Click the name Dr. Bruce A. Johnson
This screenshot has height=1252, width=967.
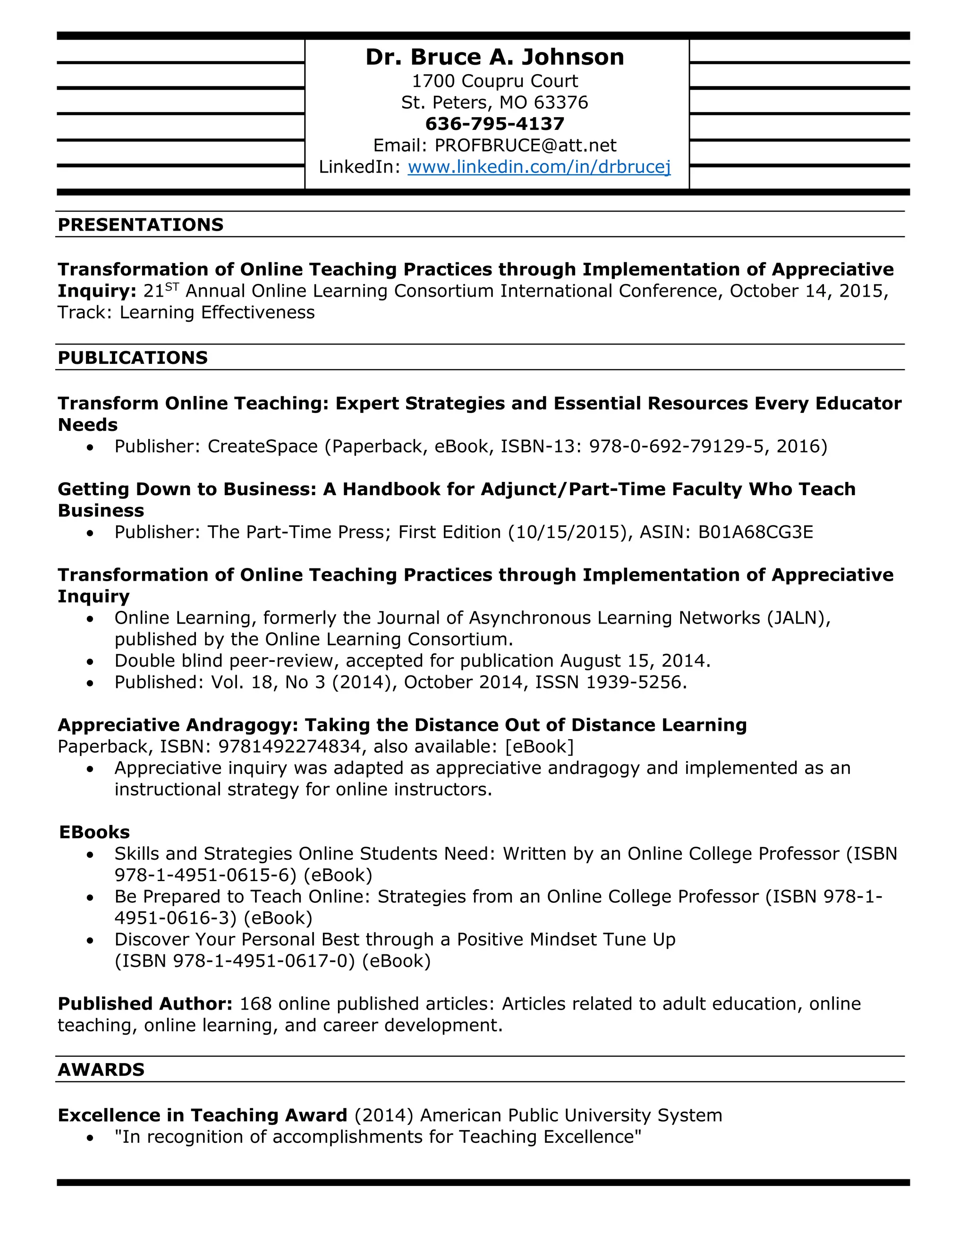point(494,57)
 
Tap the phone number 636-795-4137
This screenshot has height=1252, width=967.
point(494,124)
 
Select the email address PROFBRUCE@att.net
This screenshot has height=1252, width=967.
point(526,145)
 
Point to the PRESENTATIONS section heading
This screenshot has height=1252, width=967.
point(140,225)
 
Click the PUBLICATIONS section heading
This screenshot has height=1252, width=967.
point(132,358)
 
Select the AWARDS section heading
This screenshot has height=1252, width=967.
point(101,1069)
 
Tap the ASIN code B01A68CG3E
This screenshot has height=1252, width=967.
point(755,532)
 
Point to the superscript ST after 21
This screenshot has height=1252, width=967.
point(172,286)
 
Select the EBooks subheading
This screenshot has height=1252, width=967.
point(94,832)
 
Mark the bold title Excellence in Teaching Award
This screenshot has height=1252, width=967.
point(202,1115)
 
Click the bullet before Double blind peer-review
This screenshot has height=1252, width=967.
point(90,661)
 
